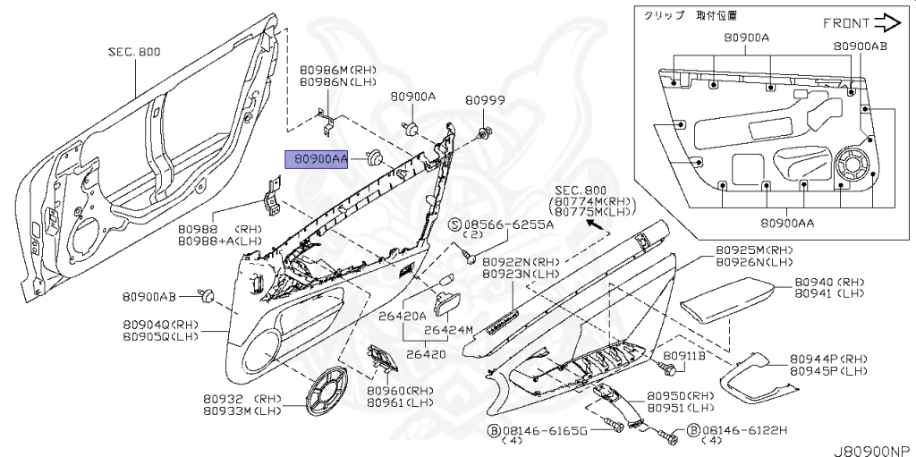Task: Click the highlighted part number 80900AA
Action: pyautogui.click(x=316, y=159)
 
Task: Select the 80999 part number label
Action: pyautogui.click(x=488, y=103)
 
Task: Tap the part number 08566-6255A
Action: pyautogui.click(x=508, y=224)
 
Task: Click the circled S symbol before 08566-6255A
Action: pyautogui.click(x=454, y=224)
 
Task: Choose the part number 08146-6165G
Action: pyautogui.click(x=544, y=431)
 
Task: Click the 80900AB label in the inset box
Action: pyautogui.click(x=860, y=46)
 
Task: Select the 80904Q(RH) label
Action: pyautogui.click(x=161, y=324)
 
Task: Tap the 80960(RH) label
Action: pyautogui.click(x=398, y=391)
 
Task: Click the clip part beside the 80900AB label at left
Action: pyautogui.click(x=208, y=293)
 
